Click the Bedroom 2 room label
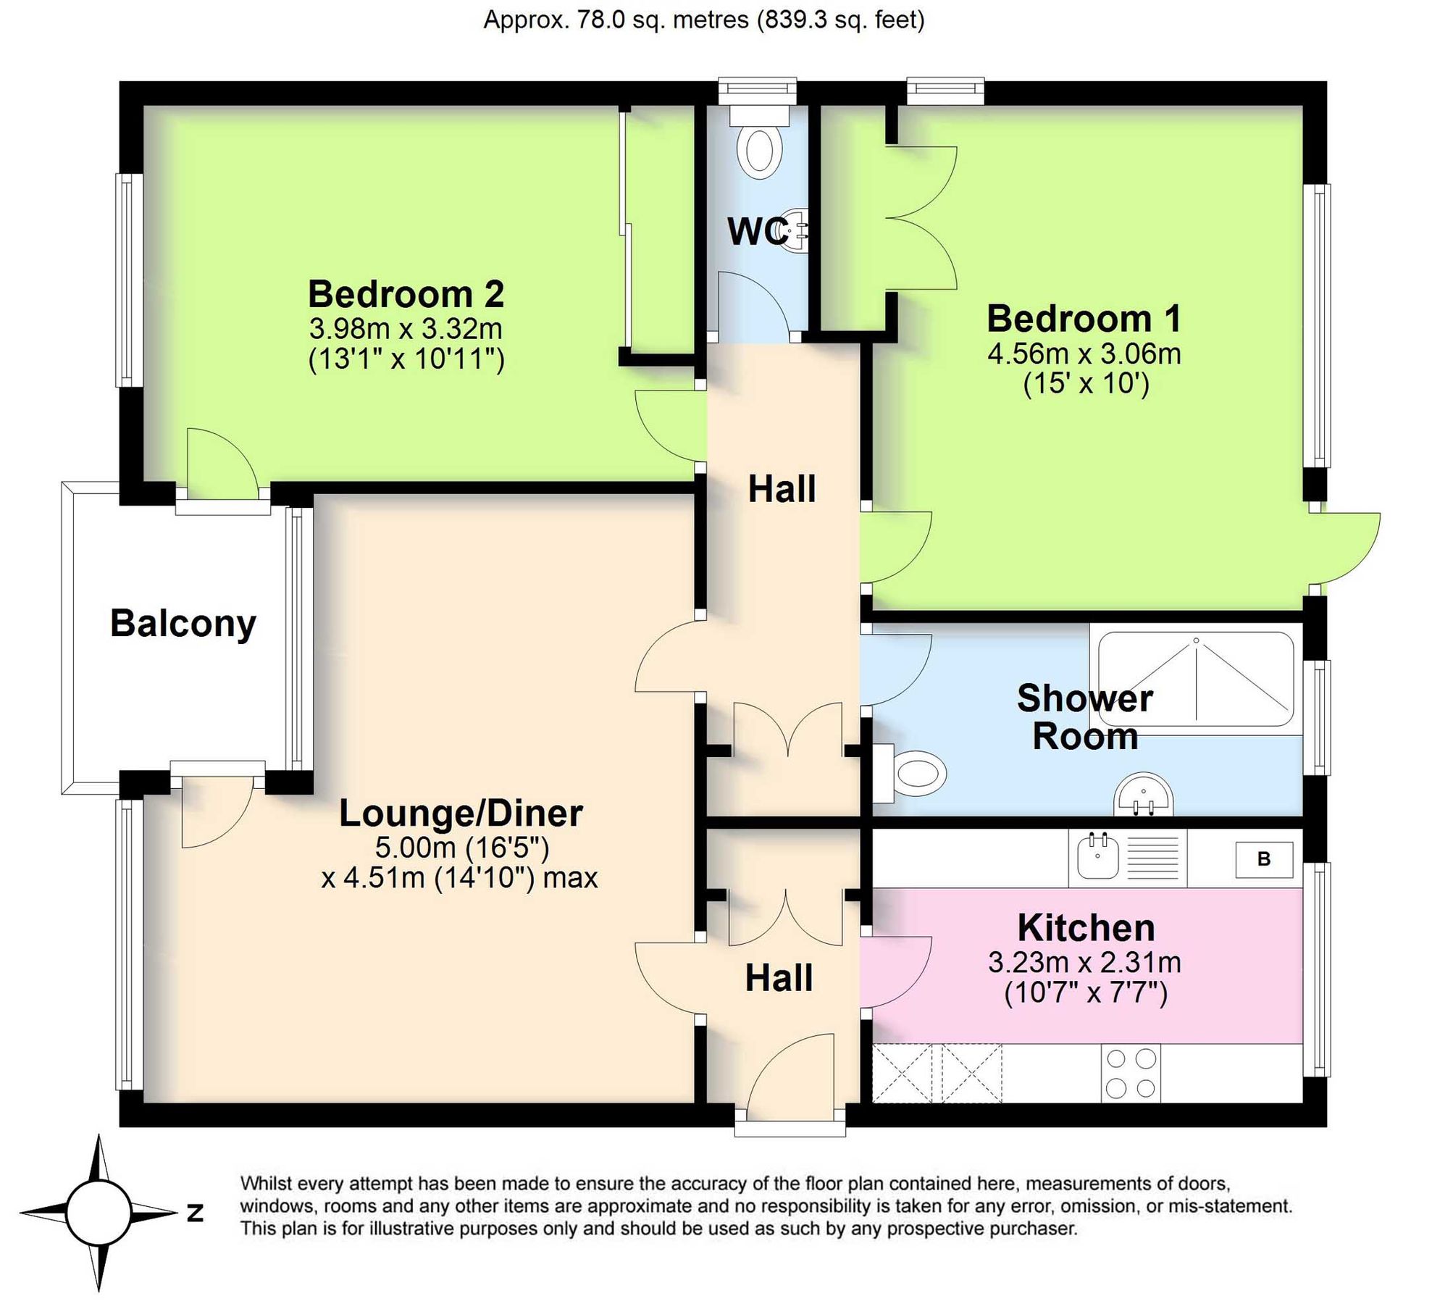coord(406,294)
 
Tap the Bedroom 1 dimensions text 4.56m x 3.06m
coord(1084,354)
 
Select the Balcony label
coord(183,624)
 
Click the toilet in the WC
coord(759,146)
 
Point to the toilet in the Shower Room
coord(916,774)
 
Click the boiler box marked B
coord(1264,860)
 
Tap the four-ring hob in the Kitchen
coord(1131,1074)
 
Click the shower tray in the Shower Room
coord(1196,680)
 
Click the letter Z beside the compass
coord(195,1213)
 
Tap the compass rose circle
coord(99,1213)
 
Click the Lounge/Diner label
coord(461,814)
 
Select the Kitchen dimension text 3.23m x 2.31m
coord(1084,963)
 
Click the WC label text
coord(757,232)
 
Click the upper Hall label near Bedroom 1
coord(782,489)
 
